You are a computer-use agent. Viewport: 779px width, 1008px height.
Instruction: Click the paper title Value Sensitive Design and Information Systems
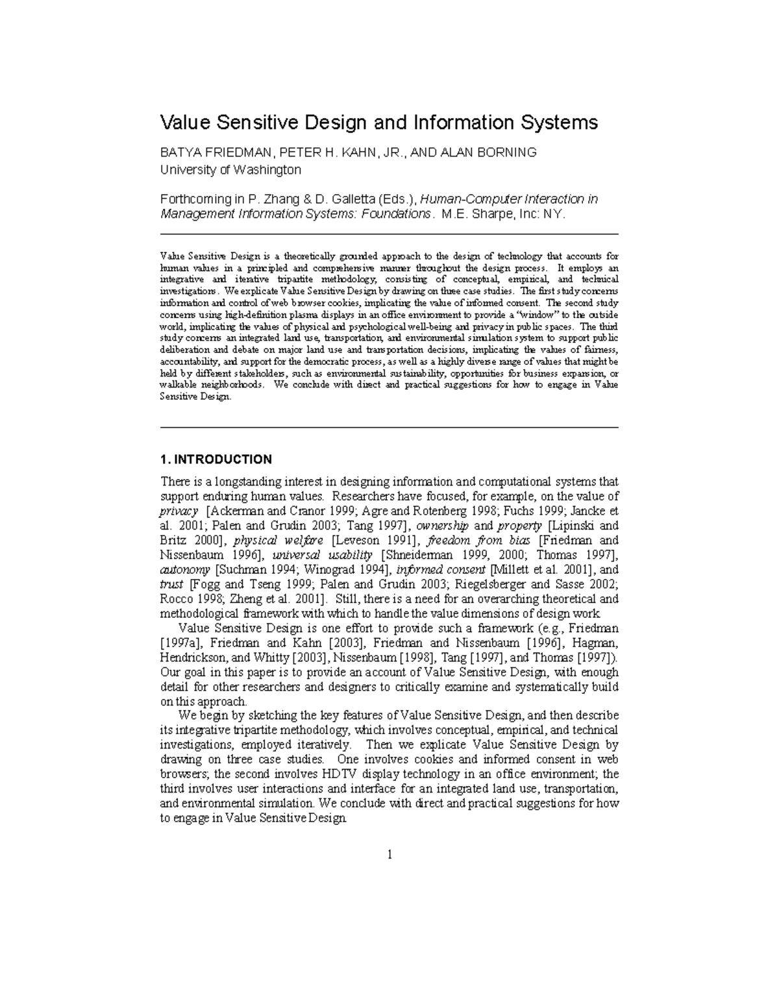(x=378, y=123)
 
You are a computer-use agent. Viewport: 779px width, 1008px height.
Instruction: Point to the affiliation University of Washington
(x=230, y=170)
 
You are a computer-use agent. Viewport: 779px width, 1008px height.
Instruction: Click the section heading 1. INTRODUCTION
(x=216, y=460)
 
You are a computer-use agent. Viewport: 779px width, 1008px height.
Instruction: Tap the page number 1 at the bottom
(x=389, y=854)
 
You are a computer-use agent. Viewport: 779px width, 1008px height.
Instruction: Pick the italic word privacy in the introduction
(x=179, y=511)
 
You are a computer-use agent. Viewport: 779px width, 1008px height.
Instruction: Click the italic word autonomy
(x=185, y=570)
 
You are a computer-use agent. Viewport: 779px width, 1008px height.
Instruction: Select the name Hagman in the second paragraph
(x=595, y=643)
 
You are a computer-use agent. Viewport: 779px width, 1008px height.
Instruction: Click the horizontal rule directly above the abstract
(x=389, y=234)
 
